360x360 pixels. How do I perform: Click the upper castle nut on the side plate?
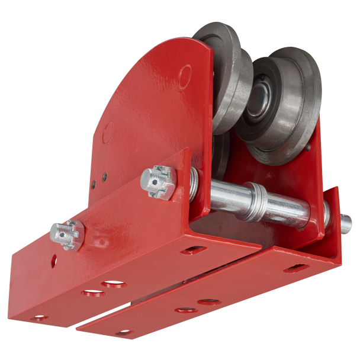(x=158, y=181)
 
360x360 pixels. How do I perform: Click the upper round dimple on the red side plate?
(x=185, y=75)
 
